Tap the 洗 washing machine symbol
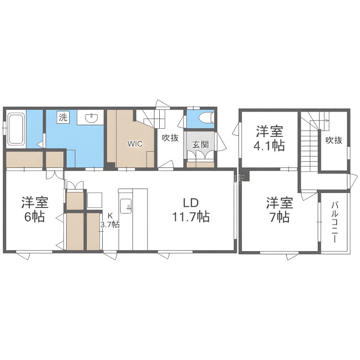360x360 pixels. click(x=63, y=117)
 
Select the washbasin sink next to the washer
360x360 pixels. click(x=91, y=117)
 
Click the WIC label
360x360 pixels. click(x=135, y=144)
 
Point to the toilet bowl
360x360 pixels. click(x=206, y=118)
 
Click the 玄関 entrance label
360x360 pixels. click(x=200, y=144)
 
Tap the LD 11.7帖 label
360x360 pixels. click(x=191, y=210)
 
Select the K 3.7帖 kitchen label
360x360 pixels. click(x=110, y=220)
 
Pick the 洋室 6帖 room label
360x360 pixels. click(x=35, y=209)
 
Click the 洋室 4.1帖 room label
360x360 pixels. click(x=269, y=139)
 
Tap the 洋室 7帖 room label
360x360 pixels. click(x=279, y=210)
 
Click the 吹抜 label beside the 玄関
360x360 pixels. click(x=170, y=138)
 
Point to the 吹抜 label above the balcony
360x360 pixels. click(x=334, y=140)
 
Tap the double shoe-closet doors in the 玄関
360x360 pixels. click(x=200, y=155)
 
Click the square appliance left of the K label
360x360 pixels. click(x=95, y=200)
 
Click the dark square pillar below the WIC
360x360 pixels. click(x=111, y=166)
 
